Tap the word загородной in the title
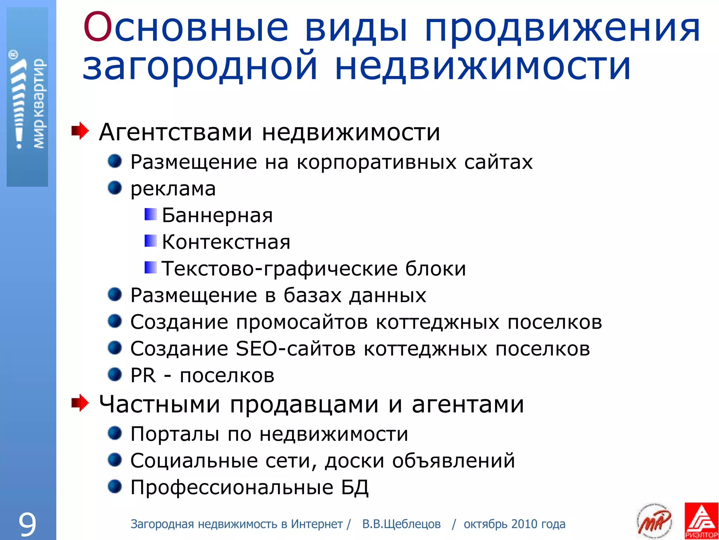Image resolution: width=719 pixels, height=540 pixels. click(x=200, y=67)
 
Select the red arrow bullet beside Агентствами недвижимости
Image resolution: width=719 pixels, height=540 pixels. click(x=80, y=131)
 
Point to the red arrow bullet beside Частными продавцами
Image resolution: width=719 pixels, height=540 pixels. click(x=80, y=403)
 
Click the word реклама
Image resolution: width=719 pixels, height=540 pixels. click(x=173, y=189)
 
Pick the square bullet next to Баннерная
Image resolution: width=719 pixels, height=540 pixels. click(x=151, y=214)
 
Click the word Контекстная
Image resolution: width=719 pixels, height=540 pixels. click(x=226, y=242)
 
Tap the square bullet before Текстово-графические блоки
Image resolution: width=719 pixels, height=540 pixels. click(x=151, y=268)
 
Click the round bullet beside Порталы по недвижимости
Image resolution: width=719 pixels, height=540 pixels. click(x=115, y=433)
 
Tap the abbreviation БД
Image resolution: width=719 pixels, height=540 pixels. click(x=355, y=487)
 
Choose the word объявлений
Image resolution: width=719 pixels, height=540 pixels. click(x=454, y=461)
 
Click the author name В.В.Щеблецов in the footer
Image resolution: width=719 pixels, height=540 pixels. click(x=401, y=524)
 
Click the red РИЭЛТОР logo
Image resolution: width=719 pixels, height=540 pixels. click(x=701, y=521)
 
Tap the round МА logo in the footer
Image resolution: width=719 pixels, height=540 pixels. click(x=654, y=521)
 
